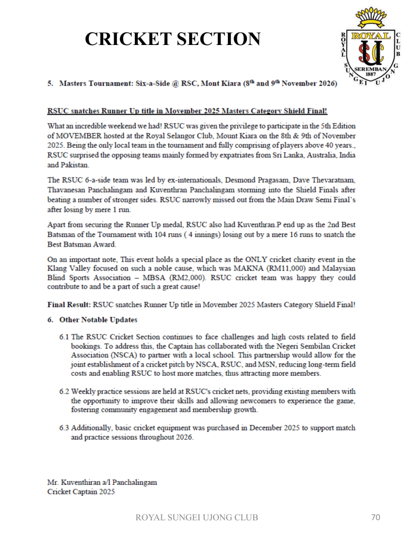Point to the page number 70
[375, 517]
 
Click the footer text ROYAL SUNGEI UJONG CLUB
[197, 518]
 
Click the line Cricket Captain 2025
[81, 491]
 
